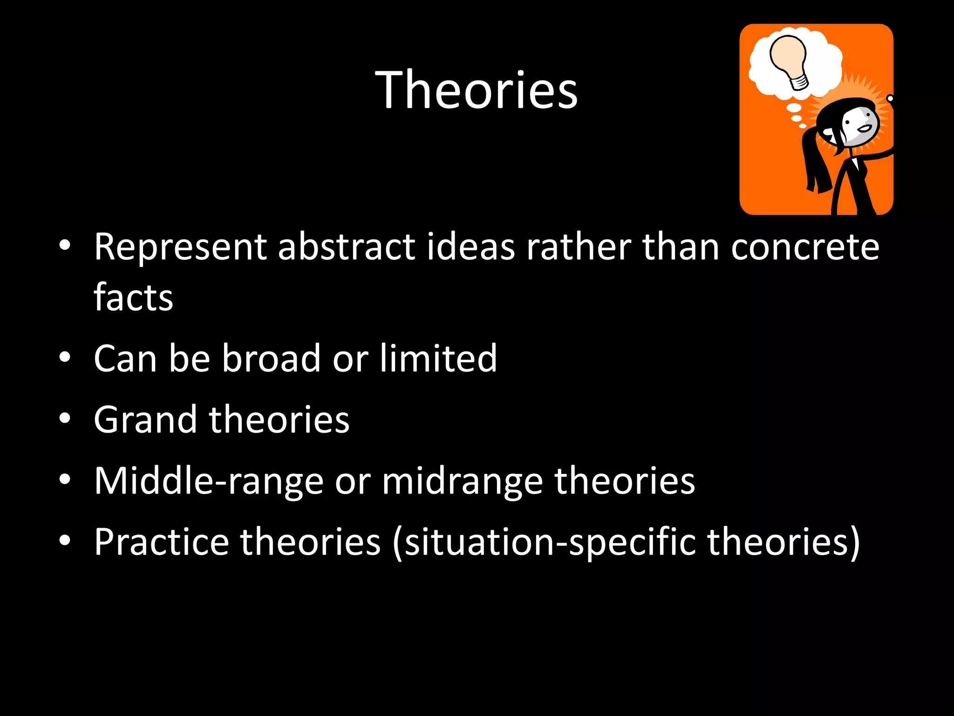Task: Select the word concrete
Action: pos(805,247)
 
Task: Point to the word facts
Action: pos(133,297)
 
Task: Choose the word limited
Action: pos(438,358)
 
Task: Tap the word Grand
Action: pos(145,420)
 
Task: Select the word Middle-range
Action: pos(208,481)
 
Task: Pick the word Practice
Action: pos(161,542)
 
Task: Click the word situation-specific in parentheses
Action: pos(550,542)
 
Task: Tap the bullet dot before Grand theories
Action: pos(65,418)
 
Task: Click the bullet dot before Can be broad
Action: pos(65,357)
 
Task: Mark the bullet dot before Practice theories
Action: pos(65,540)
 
